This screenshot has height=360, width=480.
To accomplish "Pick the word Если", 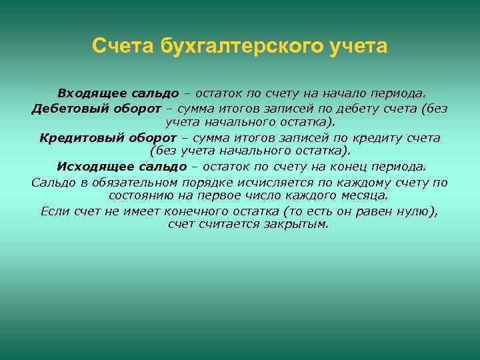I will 53,211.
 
